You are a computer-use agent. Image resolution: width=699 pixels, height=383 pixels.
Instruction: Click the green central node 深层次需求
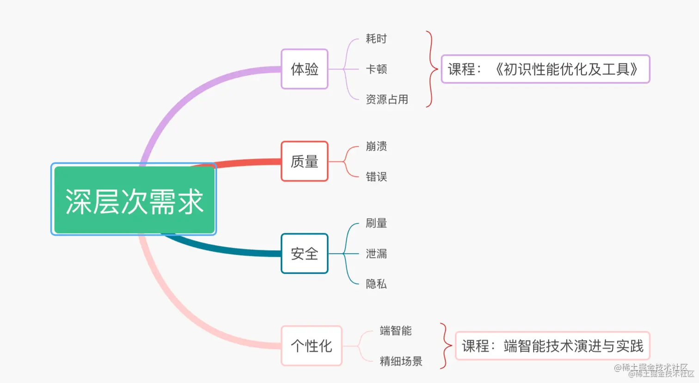tap(134, 200)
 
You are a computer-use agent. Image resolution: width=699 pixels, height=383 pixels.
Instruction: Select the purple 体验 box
tap(304, 69)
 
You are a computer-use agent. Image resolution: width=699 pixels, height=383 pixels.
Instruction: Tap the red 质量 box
tap(304, 161)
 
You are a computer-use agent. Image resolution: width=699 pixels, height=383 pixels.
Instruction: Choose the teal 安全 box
tap(304, 253)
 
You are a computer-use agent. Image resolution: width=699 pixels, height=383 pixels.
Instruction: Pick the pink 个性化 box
tap(311, 346)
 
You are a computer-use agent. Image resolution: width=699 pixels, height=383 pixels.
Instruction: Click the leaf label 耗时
tap(376, 38)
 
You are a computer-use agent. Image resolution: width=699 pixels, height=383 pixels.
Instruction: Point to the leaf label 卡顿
tap(376, 69)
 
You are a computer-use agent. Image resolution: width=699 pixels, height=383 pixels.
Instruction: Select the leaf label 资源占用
tap(386, 99)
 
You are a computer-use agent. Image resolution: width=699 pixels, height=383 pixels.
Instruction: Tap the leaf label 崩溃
tap(376, 146)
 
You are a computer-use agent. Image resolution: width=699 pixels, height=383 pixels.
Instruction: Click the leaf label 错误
tap(376, 177)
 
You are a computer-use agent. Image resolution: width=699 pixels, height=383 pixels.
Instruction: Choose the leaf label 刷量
tap(376, 223)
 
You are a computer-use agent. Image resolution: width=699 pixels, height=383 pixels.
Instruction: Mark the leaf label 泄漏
tap(376, 253)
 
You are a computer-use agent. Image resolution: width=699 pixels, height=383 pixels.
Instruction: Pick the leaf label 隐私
tap(376, 284)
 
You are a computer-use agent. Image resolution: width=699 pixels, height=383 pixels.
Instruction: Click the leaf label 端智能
tap(395, 331)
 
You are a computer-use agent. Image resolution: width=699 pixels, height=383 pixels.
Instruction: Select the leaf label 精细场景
tap(401, 361)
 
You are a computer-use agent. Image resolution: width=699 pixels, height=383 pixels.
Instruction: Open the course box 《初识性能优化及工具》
tap(545, 69)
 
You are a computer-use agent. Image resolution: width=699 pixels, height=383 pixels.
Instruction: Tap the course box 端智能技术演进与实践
tap(552, 346)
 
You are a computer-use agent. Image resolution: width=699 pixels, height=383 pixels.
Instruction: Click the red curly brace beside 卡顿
tap(431, 69)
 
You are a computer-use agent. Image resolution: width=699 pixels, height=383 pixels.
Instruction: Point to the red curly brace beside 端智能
tap(446, 346)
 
